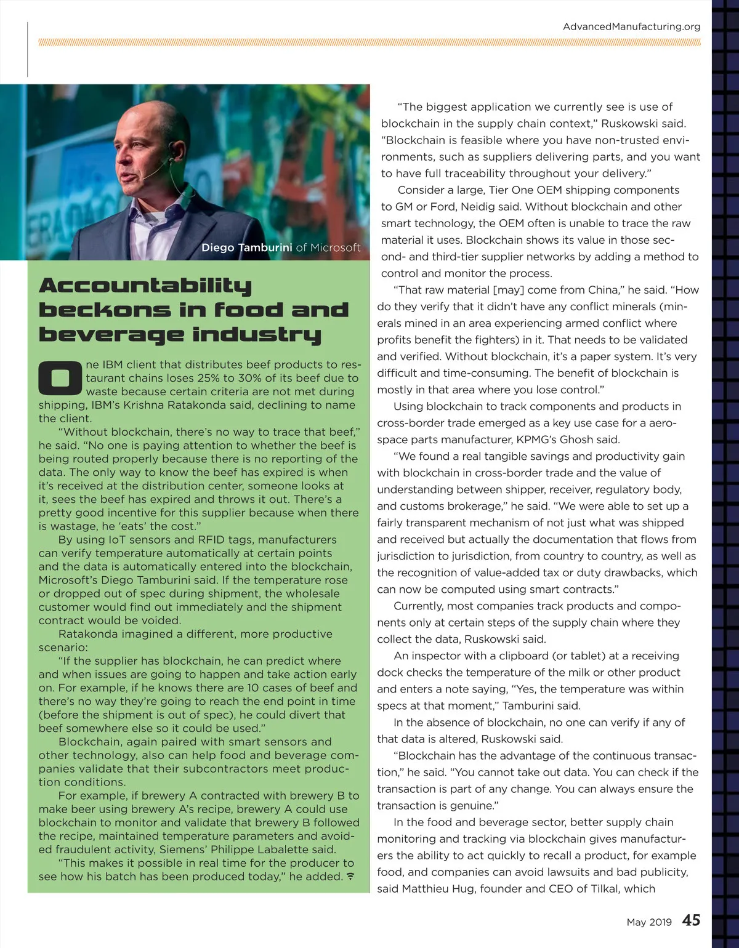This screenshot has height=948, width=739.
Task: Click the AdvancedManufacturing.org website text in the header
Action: (x=631, y=26)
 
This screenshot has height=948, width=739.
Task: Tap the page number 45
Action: (x=691, y=920)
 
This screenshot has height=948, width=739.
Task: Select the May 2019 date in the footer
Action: (x=649, y=922)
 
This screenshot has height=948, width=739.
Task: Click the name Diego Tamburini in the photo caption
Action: (x=247, y=247)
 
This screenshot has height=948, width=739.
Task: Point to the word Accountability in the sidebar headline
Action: (x=145, y=286)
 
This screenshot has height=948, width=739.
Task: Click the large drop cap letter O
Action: (x=60, y=377)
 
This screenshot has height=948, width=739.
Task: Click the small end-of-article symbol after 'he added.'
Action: (x=350, y=876)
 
